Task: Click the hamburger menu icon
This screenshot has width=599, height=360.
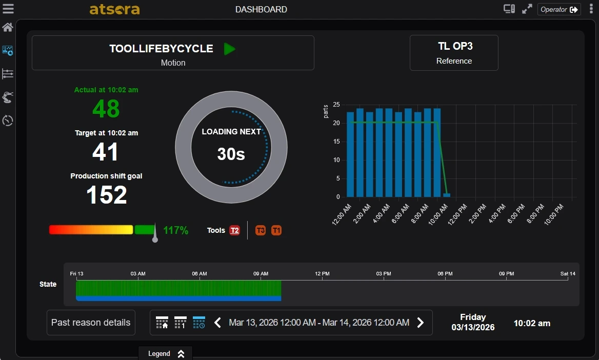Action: (8, 9)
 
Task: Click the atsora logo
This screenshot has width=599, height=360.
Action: (114, 9)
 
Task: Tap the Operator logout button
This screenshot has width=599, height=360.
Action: (559, 9)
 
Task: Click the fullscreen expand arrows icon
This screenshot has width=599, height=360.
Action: (527, 9)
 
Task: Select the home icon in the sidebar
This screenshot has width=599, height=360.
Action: (8, 27)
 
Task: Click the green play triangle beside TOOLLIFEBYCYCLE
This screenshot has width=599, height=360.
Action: (229, 49)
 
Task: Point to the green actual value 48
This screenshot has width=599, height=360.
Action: (106, 109)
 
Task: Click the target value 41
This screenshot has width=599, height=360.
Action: (106, 152)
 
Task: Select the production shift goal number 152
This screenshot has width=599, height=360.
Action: (106, 195)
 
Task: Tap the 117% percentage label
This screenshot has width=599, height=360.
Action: (176, 230)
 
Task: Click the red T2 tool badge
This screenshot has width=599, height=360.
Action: (234, 230)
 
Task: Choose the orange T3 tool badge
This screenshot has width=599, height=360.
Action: (261, 230)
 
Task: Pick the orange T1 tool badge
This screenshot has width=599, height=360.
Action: (276, 230)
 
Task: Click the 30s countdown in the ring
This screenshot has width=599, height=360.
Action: (231, 154)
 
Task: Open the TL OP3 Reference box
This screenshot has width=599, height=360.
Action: (454, 52)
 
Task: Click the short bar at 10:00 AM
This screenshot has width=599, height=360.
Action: (447, 195)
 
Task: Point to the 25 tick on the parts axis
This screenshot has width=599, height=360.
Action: (337, 105)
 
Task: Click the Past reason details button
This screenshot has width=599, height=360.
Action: (91, 323)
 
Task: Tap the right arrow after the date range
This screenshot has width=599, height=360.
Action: (421, 323)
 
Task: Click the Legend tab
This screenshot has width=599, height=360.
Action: (166, 353)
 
